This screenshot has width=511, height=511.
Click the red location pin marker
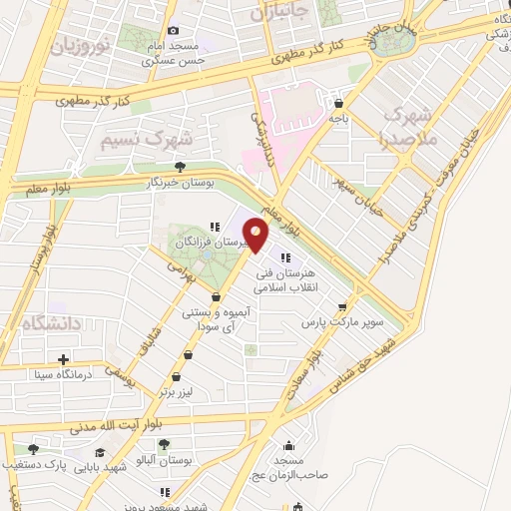256,236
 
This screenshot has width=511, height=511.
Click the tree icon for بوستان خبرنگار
180,167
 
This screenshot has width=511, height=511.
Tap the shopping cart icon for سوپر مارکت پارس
343,308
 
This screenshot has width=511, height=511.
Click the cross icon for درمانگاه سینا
64,359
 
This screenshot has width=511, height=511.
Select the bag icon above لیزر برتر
177,376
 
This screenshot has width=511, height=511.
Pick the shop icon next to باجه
339,102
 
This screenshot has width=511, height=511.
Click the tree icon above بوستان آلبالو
164,445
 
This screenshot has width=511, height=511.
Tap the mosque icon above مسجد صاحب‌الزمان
289,446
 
